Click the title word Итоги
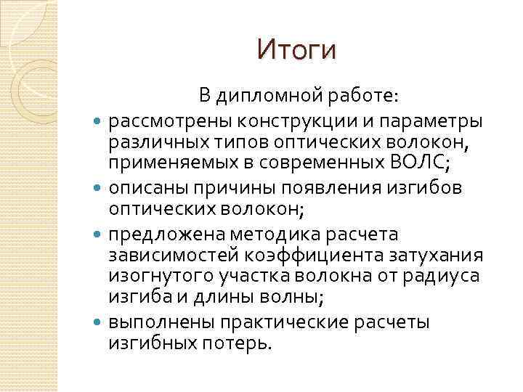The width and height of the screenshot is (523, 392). (297, 51)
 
